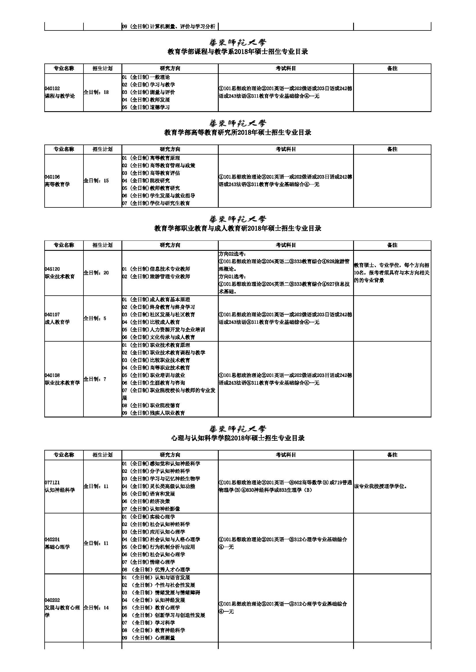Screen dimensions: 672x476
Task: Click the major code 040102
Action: [x=52, y=88]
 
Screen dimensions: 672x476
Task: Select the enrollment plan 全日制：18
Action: [x=96, y=92]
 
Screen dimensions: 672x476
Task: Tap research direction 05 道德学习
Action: [x=146, y=107]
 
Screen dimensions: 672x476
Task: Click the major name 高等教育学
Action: [x=57, y=184]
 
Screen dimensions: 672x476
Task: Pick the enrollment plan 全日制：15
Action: [x=96, y=181]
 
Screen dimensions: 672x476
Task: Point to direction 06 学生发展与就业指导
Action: [x=159, y=196]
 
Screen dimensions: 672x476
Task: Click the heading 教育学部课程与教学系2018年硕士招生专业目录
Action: [x=238, y=52]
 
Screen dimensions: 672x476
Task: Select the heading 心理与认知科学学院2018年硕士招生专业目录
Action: [x=238, y=438]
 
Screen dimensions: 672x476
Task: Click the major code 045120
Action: [x=52, y=269]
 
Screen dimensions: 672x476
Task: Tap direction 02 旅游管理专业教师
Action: [x=156, y=276]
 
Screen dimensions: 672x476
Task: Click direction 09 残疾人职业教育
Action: [x=154, y=413]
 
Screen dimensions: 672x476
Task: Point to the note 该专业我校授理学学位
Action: [x=380, y=486]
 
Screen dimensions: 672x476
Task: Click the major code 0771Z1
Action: [x=52, y=483]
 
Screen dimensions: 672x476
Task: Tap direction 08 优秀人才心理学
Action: [x=156, y=569]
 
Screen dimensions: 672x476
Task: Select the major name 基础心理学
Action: [x=57, y=547]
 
